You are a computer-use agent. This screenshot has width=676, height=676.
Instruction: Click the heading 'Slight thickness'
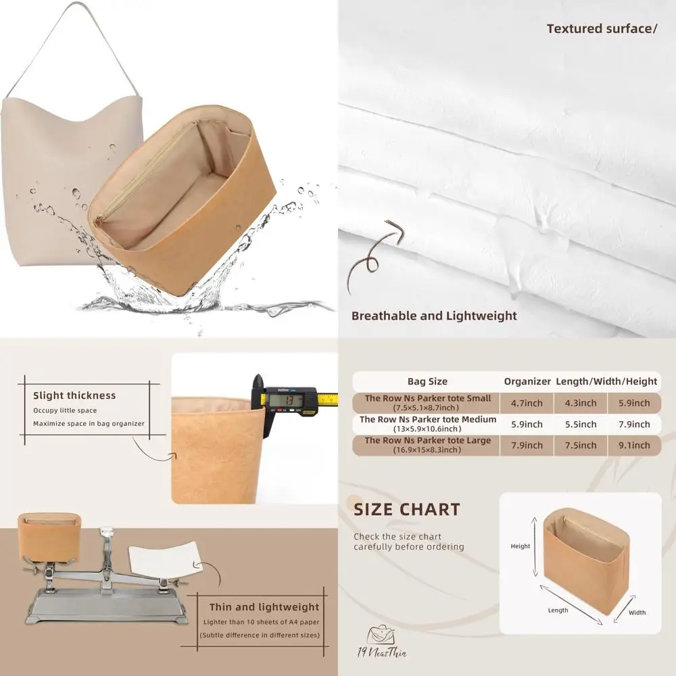[x=74, y=395]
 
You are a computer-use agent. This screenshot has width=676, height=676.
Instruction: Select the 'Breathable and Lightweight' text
[x=434, y=316]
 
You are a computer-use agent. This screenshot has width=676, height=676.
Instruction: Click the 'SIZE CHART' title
[x=407, y=510]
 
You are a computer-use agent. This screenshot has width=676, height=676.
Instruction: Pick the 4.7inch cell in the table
[x=527, y=403]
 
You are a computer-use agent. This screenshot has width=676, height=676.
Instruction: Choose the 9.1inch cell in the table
[x=633, y=445]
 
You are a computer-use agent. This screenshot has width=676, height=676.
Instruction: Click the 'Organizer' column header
[x=527, y=381]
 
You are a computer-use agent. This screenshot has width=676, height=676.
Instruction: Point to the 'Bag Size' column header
[x=427, y=381]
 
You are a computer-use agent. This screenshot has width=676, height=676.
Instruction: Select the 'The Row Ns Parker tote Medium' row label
[x=427, y=419]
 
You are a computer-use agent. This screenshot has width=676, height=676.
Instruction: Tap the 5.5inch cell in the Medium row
[x=580, y=424]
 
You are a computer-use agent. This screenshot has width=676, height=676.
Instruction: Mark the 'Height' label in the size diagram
[x=520, y=546]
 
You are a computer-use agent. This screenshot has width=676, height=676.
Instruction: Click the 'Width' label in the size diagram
[x=637, y=612]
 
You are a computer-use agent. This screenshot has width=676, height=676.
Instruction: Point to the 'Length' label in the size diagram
[x=558, y=610]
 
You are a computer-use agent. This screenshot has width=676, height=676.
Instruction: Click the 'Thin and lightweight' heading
[x=264, y=607]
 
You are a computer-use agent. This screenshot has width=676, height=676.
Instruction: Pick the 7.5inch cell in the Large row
[x=580, y=445]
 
